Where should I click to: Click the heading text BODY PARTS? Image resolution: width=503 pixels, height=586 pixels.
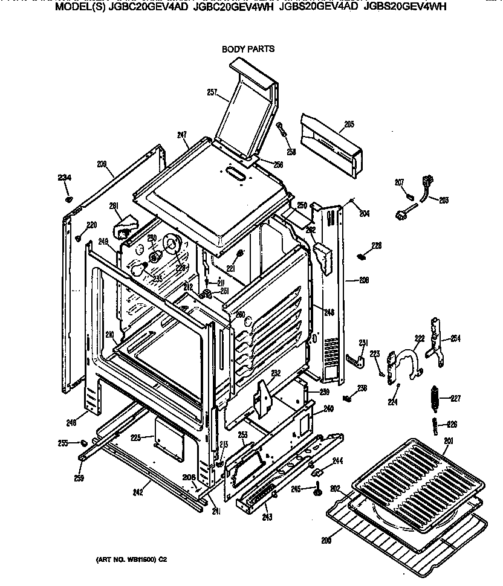pyautogui.click(x=248, y=49)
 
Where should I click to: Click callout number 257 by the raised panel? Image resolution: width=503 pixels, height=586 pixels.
pyautogui.click(x=212, y=92)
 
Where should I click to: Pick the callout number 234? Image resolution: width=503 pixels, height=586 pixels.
pyautogui.click(x=64, y=177)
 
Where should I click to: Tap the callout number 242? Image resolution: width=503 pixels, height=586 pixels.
pyautogui.click(x=138, y=492)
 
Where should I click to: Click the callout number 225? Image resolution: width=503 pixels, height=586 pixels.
pyautogui.click(x=136, y=437)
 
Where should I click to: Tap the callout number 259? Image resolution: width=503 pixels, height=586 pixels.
pyautogui.click(x=79, y=478)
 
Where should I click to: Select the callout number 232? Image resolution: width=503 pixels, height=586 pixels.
pyautogui.click(x=276, y=373)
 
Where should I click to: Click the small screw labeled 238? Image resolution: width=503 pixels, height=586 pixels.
pyautogui.click(x=347, y=399)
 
